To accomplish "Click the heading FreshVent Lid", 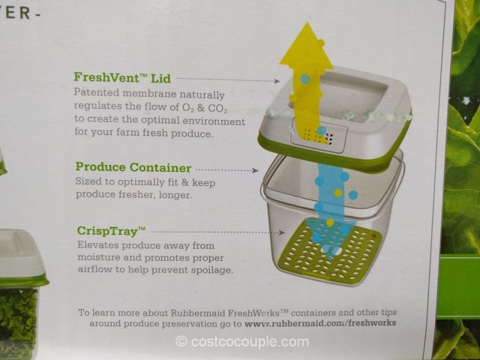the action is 122,78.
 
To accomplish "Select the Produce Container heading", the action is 133,167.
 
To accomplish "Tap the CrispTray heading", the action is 112,230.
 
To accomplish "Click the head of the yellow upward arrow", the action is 306,45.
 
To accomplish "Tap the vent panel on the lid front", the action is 318,135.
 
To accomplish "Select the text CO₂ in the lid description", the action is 217,108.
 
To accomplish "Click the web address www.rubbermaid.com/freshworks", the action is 320,323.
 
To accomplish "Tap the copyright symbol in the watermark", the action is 181,341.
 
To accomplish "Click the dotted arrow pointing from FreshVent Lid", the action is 228,79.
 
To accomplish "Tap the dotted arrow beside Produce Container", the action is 226,169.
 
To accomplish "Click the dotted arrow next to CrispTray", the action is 218,232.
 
